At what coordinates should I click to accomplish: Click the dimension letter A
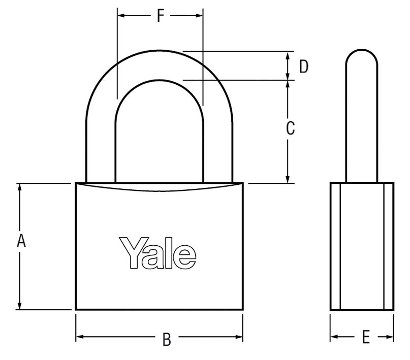(x=21, y=240)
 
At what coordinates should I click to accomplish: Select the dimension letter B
(x=166, y=339)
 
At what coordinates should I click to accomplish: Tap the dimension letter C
(x=290, y=129)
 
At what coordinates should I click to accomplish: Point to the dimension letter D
(x=303, y=67)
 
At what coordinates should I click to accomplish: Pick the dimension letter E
(x=365, y=337)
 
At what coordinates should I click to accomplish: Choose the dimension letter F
(x=160, y=17)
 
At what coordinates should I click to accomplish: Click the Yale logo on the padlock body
(x=158, y=252)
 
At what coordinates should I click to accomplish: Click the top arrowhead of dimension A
(x=21, y=187)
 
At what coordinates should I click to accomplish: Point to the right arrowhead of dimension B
(x=239, y=337)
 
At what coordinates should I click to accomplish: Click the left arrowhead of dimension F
(x=121, y=16)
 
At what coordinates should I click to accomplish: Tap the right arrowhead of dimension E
(x=390, y=337)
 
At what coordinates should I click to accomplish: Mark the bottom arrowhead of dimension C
(x=288, y=179)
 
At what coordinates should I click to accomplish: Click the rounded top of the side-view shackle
(x=361, y=54)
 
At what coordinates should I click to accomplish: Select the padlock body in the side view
(x=362, y=246)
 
